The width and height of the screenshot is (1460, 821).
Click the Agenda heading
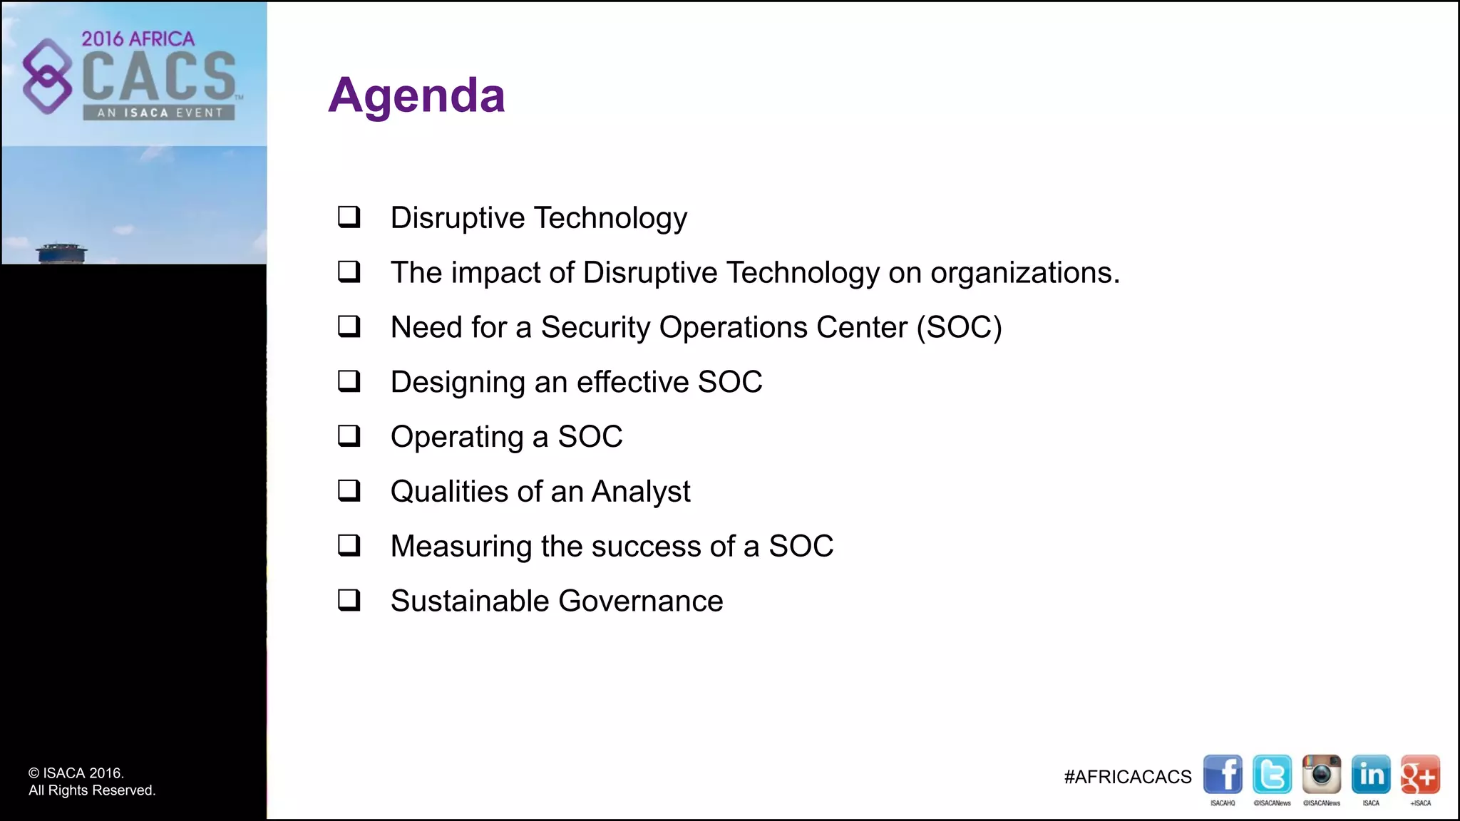pyautogui.click(x=416, y=95)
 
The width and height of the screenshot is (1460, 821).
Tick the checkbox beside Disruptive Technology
pyautogui.click(x=349, y=217)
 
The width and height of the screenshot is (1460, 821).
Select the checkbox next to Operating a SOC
pyautogui.click(x=349, y=435)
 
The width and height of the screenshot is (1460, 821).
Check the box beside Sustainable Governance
pyautogui.click(x=349, y=600)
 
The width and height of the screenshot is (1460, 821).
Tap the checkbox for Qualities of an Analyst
pyautogui.click(x=349, y=490)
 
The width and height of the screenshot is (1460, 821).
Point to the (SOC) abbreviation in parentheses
pyautogui.click(x=959, y=328)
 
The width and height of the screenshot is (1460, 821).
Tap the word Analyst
pyautogui.click(x=641, y=492)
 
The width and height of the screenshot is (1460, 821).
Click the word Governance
pyautogui.click(x=641, y=601)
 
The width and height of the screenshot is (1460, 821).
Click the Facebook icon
pyautogui.click(x=1223, y=774)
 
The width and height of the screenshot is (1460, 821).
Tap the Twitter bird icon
pyautogui.click(x=1272, y=774)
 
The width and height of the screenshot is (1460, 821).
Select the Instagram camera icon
pyautogui.click(x=1321, y=774)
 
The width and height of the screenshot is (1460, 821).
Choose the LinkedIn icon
pyautogui.click(x=1371, y=774)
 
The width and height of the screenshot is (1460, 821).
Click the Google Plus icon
pyautogui.click(x=1420, y=774)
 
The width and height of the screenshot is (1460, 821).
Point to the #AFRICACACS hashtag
pyautogui.click(x=1127, y=777)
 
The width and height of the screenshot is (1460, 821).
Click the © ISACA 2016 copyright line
pyautogui.click(x=76, y=773)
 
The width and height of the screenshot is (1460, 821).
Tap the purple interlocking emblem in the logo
pyautogui.click(x=47, y=76)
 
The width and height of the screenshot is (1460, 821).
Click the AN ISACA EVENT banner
pyautogui.click(x=159, y=113)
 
